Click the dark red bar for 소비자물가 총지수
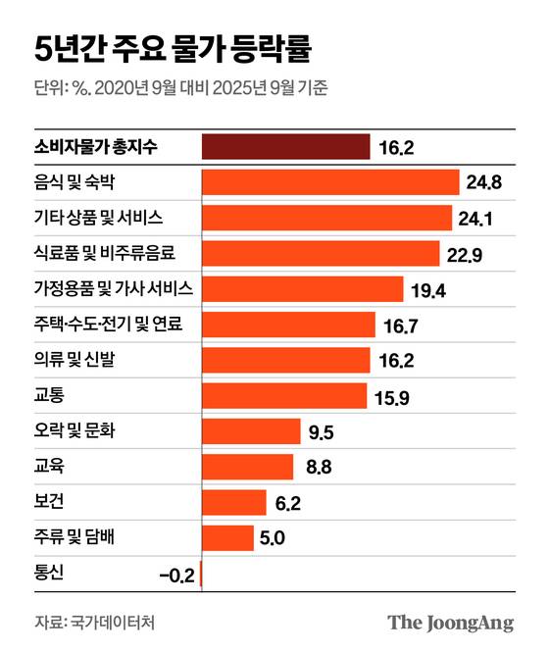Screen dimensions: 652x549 coord(285,147)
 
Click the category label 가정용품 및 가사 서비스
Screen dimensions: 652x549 coord(113,289)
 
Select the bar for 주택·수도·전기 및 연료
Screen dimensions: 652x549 coord(288,325)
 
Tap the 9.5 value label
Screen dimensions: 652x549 coord(321,431)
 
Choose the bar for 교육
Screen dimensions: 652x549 coord(247,467)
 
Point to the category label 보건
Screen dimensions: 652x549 coord(49,502)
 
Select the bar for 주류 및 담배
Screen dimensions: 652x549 coord(227,537)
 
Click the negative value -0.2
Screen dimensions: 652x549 coord(176,574)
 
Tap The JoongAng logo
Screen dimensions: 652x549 coord(450,622)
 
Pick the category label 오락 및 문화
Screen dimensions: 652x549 coord(75,431)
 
